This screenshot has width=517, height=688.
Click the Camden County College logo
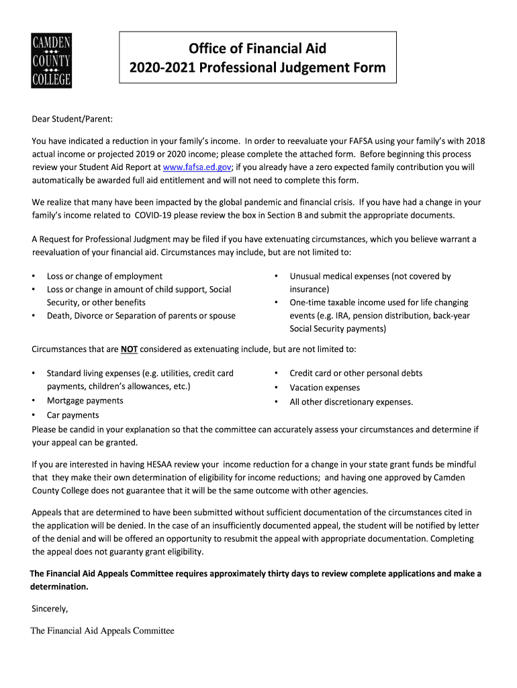click(52, 61)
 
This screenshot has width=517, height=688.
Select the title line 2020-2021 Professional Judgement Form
click(257, 68)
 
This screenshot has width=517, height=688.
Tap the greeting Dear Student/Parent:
click(73, 119)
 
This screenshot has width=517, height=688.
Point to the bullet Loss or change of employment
click(104, 276)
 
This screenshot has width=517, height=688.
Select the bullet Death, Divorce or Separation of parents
click(141, 316)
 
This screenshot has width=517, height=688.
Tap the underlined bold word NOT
click(129, 349)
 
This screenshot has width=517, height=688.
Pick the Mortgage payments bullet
click(85, 400)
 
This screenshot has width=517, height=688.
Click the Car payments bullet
click(73, 415)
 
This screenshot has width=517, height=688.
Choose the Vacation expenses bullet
click(324, 388)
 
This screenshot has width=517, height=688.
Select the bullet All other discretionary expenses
click(351, 402)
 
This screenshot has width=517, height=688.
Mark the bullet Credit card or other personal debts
click(356, 373)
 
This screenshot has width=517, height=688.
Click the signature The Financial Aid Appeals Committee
click(102, 631)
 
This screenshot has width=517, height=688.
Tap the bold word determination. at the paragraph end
click(59, 587)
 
